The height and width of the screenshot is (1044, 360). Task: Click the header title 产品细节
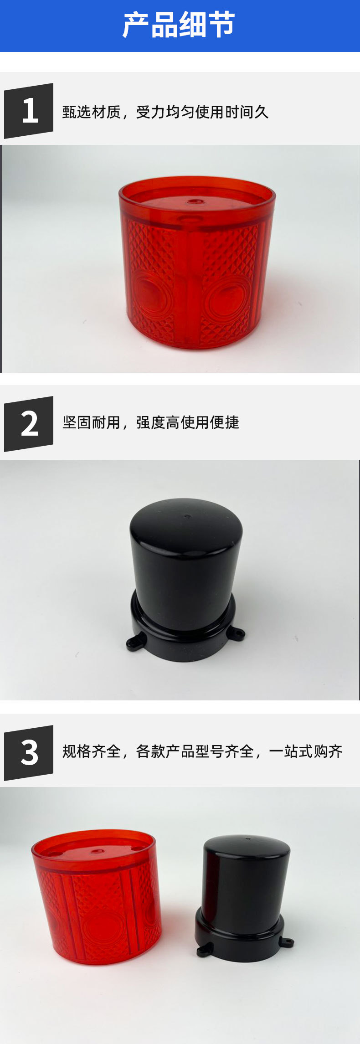tap(179, 26)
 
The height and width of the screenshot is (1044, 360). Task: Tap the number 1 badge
tap(29, 111)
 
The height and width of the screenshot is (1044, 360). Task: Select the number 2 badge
tap(29, 424)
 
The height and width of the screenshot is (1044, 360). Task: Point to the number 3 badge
tap(29, 752)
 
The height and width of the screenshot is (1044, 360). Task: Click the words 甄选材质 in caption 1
tap(91, 112)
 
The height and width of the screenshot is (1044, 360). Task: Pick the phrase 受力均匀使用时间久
tap(202, 112)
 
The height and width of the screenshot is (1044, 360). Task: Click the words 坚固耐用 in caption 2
tap(91, 422)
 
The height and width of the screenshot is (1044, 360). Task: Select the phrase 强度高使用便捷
tap(188, 422)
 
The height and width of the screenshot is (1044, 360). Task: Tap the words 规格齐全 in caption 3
tap(91, 751)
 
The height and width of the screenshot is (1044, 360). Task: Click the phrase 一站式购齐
tap(306, 751)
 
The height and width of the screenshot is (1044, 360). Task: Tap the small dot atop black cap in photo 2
tap(186, 516)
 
